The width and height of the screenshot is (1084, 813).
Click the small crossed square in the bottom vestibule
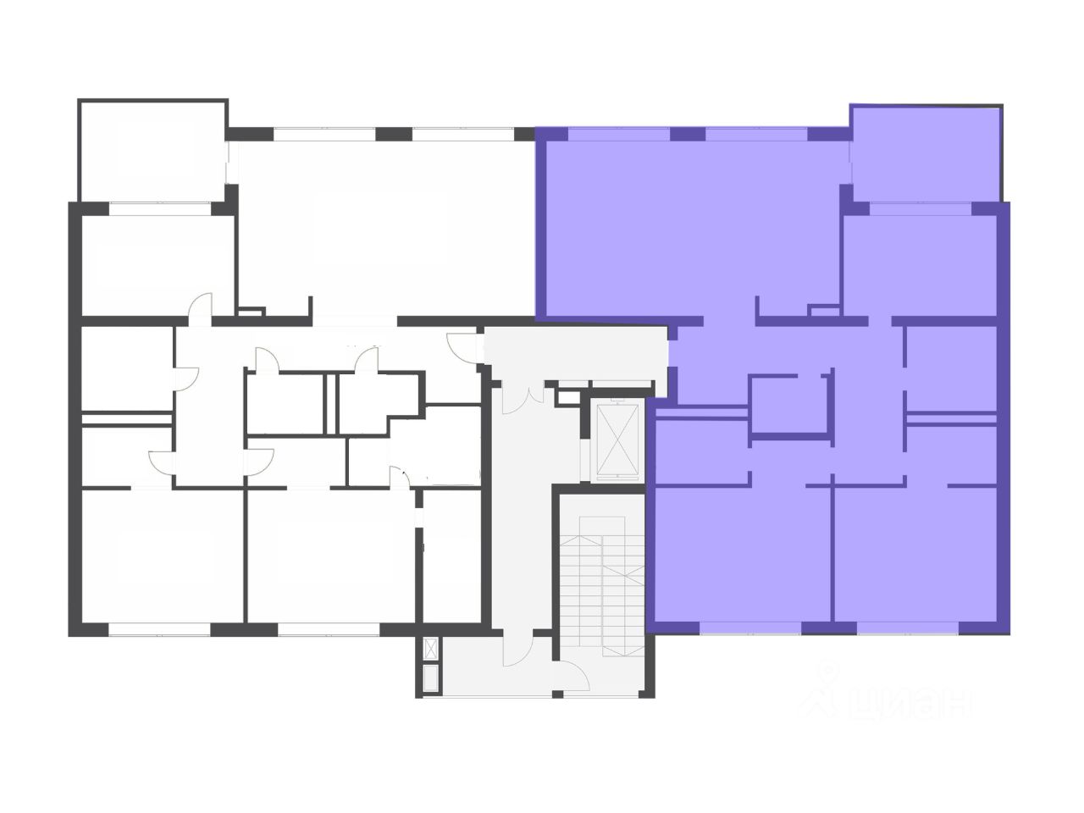pyautogui.click(x=429, y=650)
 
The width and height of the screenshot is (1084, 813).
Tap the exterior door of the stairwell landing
pyautogui.click(x=577, y=677)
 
